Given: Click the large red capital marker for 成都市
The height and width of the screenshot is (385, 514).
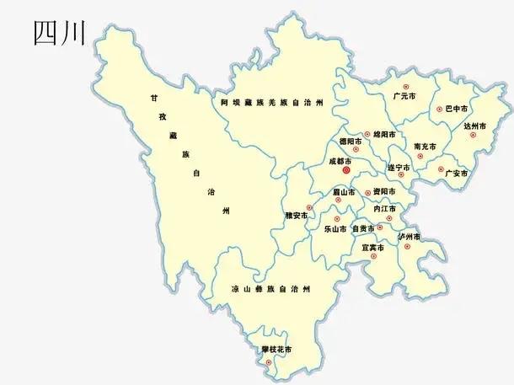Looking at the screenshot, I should [x=346, y=169].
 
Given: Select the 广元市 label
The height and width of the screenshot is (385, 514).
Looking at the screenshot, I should [x=404, y=97].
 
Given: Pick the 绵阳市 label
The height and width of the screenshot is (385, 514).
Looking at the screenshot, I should [x=384, y=134].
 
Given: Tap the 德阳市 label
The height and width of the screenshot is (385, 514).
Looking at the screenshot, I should [x=350, y=141].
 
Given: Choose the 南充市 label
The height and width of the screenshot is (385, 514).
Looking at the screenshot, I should [x=425, y=147].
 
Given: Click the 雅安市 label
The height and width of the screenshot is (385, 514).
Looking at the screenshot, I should [x=297, y=215].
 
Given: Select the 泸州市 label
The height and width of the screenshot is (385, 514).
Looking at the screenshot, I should [x=410, y=237].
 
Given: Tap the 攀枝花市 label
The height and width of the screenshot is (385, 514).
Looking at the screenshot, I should [x=276, y=349].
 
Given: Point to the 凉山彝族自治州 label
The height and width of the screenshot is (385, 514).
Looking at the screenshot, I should [x=270, y=289].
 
